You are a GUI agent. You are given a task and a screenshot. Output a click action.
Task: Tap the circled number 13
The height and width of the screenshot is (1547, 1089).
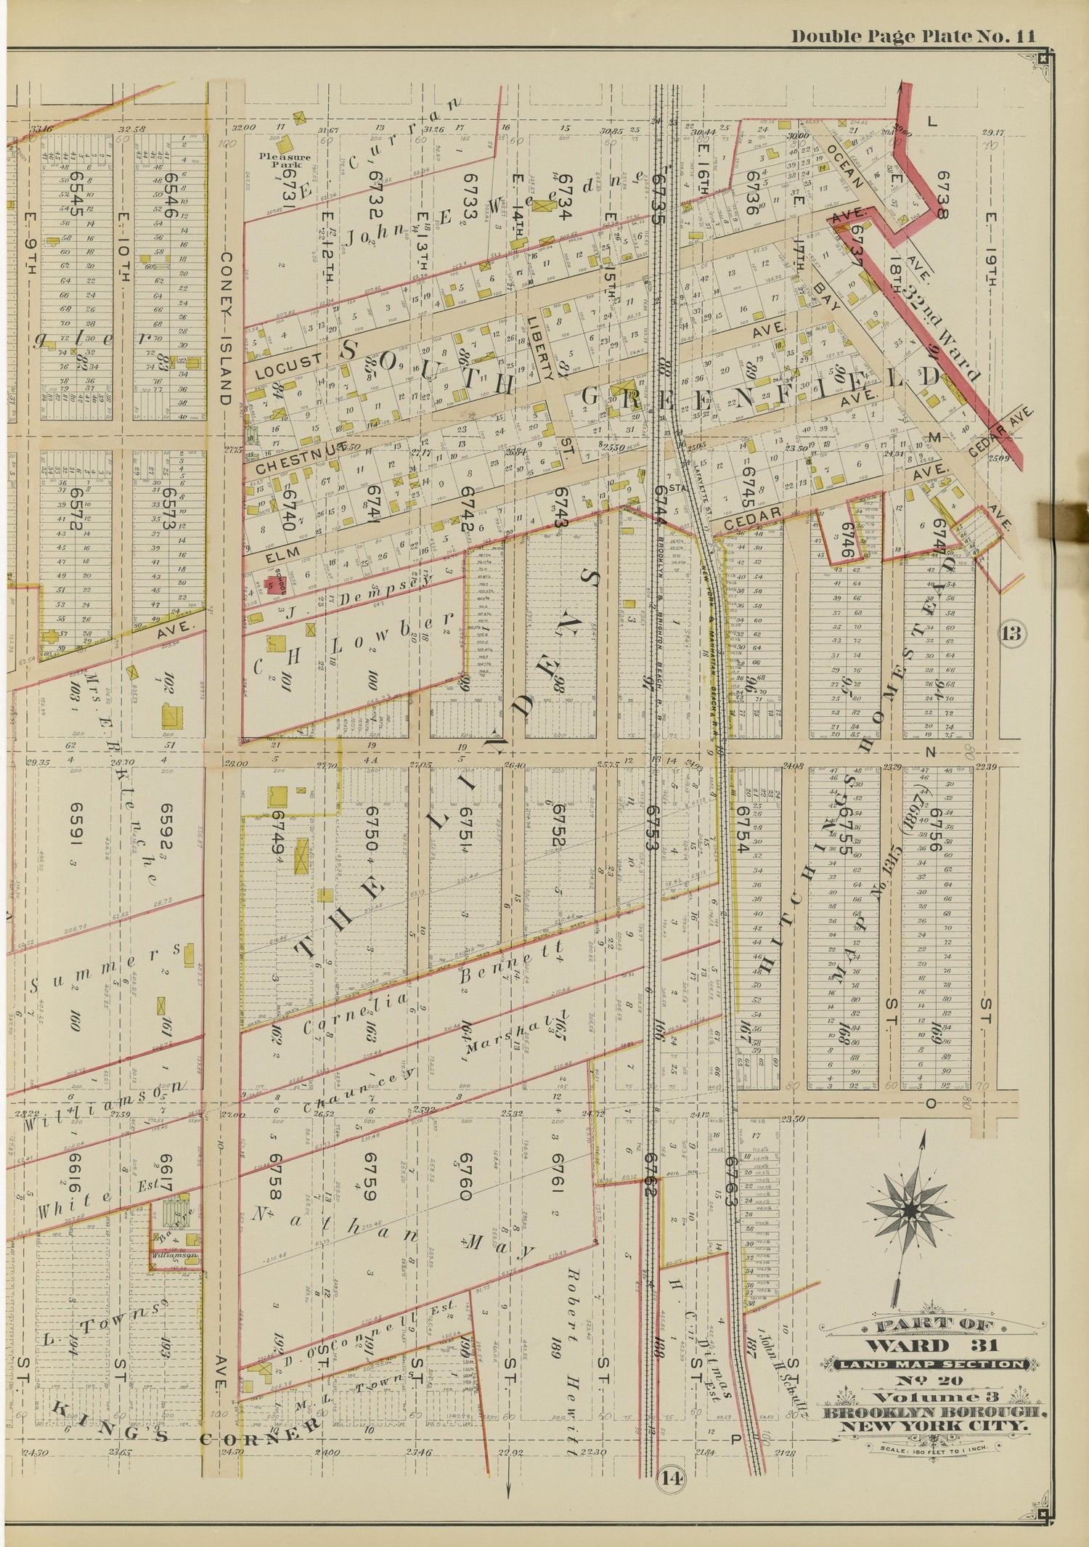pos(1011,633)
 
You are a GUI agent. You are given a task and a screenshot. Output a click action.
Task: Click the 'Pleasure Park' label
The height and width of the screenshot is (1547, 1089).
pos(286,160)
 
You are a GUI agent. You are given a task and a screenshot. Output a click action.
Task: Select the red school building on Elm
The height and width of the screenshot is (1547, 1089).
pos(274,585)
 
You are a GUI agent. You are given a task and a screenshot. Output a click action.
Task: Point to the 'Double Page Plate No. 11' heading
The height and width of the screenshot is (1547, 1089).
pos(913,36)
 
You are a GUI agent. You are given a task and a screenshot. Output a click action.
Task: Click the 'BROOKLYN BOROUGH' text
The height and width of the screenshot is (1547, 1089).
pos(934,1413)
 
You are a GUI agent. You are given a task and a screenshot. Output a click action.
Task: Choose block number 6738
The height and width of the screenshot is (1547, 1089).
pos(942,195)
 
